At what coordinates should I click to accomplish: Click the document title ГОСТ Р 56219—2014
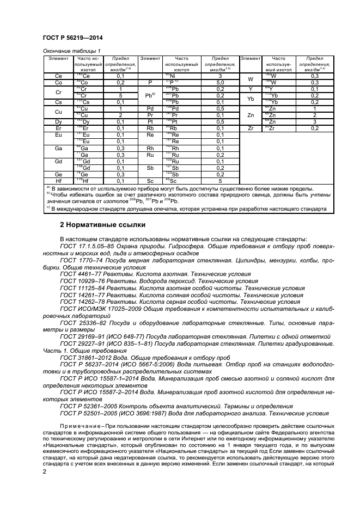(72, 38)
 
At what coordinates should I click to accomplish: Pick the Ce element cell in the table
(58, 76)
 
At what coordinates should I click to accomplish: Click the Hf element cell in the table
(58, 181)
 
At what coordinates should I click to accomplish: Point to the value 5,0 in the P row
(219, 82)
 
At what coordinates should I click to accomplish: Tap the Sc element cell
(149, 181)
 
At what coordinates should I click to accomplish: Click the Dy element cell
(58, 121)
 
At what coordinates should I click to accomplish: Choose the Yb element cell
(251, 99)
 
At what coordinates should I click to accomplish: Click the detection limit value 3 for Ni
(219, 76)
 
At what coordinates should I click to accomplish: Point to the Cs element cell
(58, 102)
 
